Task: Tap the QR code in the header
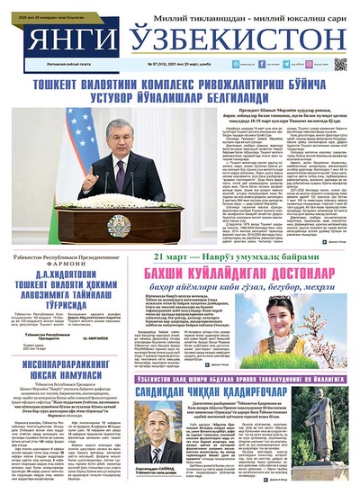pos(340,63)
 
